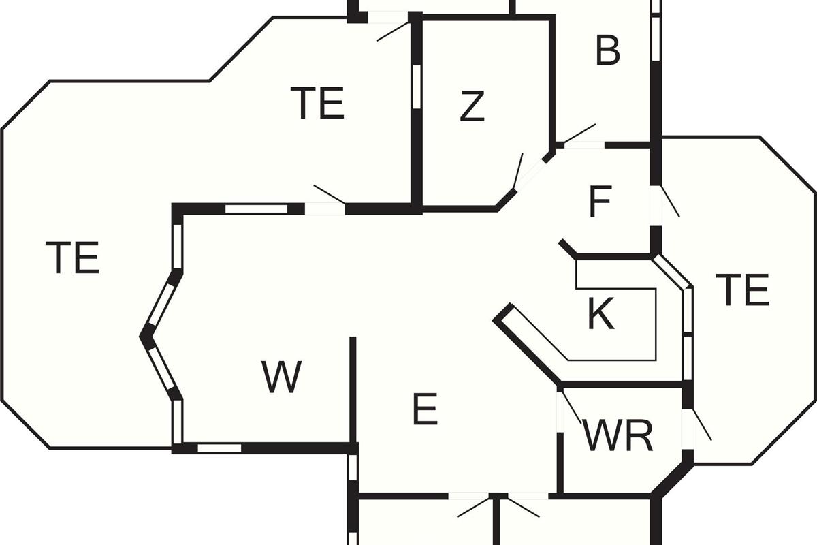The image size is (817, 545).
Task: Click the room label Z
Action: coord(472,106)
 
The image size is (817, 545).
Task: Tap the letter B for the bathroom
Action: coord(607,50)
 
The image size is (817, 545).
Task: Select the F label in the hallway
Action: coord(600,202)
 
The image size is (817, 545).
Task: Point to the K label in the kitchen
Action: coord(601,313)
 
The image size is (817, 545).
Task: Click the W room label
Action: coord(282,377)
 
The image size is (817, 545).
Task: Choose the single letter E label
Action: coord(426,409)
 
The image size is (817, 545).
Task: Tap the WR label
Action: coord(618,436)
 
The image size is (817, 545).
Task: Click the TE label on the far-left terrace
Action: coord(72,257)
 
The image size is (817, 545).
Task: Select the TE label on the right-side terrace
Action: coord(743,290)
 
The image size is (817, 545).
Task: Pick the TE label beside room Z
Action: coord(317,103)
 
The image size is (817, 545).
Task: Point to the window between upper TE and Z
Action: coord(417,87)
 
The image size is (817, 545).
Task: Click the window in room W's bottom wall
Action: coord(219,448)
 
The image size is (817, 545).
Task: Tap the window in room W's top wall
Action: coord(257,208)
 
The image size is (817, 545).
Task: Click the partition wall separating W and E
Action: coord(353,390)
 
